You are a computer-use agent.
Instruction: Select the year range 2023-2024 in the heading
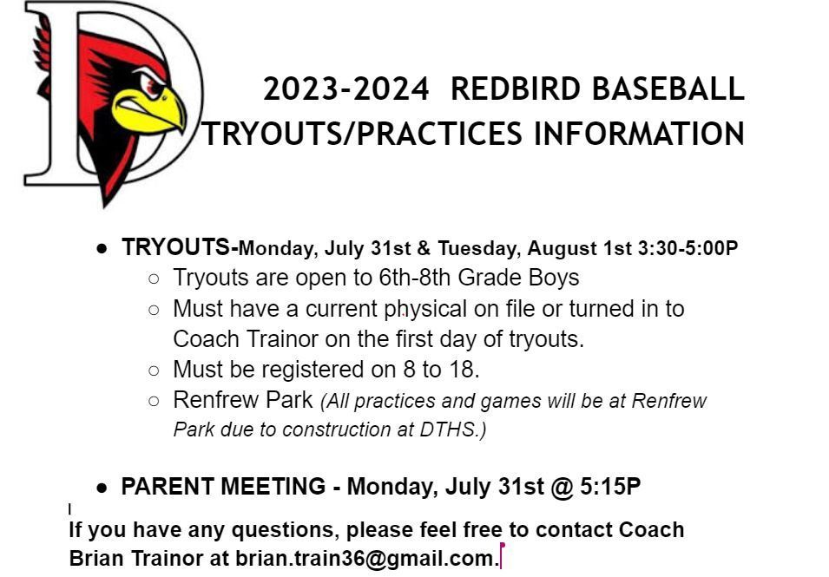pyautogui.click(x=346, y=89)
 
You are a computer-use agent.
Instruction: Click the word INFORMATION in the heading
pyautogui.click(x=639, y=133)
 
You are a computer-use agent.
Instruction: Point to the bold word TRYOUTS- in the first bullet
pyautogui.click(x=180, y=246)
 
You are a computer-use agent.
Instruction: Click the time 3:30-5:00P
pyautogui.click(x=688, y=248)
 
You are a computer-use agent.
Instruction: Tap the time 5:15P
pyautogui.click(x=610, y=486)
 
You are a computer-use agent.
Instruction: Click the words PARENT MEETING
pyautogui.click(x=223, y=486)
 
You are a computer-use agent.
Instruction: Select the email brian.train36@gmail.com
pyautogui.click(x=365, y=558)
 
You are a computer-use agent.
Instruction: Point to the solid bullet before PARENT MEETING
pyautogui.click(x=102, y=488)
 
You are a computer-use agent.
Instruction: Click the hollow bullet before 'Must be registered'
pyautogui.click(x=154, y=370)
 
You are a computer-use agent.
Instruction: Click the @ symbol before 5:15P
pyautogui.click(x=562, y=487)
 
